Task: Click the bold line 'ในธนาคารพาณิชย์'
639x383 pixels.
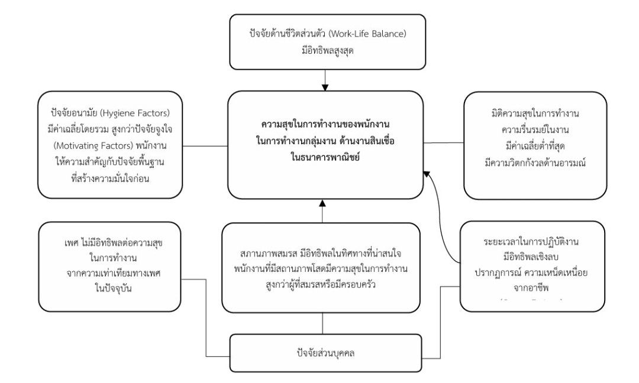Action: (x=325, y=158)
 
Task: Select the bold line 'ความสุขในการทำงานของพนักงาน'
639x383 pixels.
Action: (x=325, y=125)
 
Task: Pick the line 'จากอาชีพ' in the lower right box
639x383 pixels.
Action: (x=522, y=289)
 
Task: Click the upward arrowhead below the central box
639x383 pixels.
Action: (x=322, y=204)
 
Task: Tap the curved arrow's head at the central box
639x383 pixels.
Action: (x=425, y=172)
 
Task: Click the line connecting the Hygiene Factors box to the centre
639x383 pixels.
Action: (x=205, y=145)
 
